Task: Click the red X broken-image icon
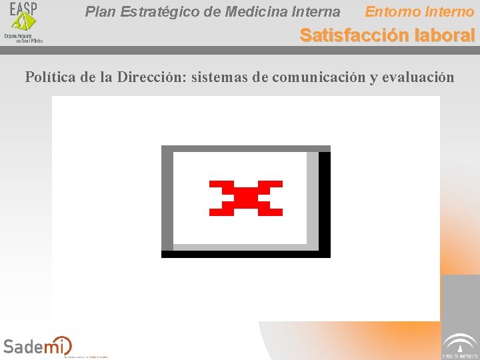(246, 198)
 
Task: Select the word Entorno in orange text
(393, 12)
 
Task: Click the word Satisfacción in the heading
(354, 35)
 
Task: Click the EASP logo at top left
(23, 22)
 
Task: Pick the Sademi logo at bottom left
(37, 345)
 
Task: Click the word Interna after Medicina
(317, 12)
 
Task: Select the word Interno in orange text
(450, 12)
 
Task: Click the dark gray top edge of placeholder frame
(246, 149)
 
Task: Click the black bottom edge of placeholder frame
(246, 254)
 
